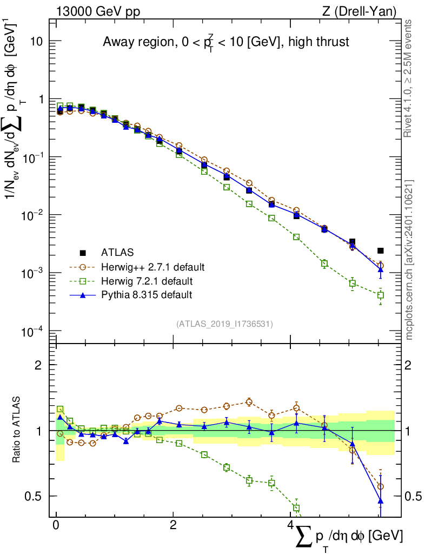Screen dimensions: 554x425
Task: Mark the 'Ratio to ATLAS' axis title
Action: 18,430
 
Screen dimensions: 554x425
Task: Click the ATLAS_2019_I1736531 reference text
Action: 224,324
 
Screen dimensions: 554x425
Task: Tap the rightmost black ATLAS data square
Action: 381,250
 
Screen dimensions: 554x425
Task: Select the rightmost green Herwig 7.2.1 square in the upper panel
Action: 381,295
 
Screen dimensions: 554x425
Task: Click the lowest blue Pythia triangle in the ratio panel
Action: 381,501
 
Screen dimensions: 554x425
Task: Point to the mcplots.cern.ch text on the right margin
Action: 409,260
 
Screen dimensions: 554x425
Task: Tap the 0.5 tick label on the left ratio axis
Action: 36,496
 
